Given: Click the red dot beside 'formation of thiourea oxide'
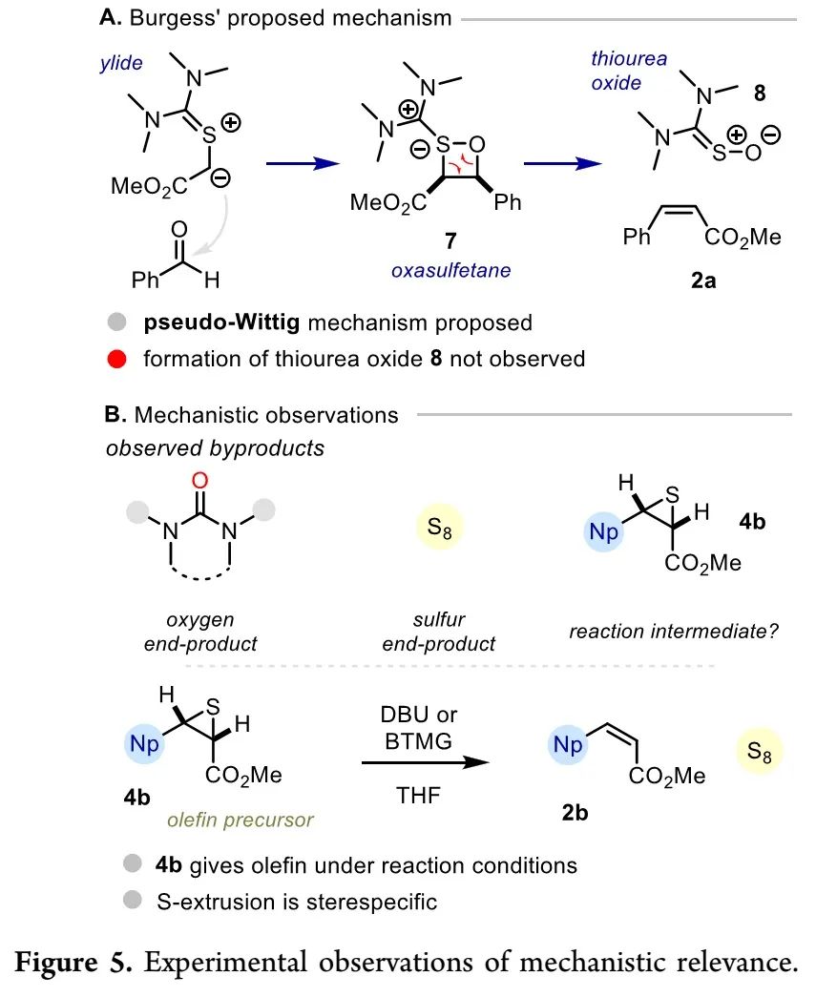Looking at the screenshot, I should click(115, 359).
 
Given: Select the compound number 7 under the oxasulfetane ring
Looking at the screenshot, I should click(423, 240).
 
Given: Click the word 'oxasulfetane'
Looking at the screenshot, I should click(450, 270).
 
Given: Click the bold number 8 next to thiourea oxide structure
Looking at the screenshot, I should click(759, 93).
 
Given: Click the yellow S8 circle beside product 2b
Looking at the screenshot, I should click(760, 752).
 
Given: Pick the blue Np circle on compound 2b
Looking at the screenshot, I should click(569, 744).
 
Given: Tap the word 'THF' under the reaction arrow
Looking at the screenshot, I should click(420, 794).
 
